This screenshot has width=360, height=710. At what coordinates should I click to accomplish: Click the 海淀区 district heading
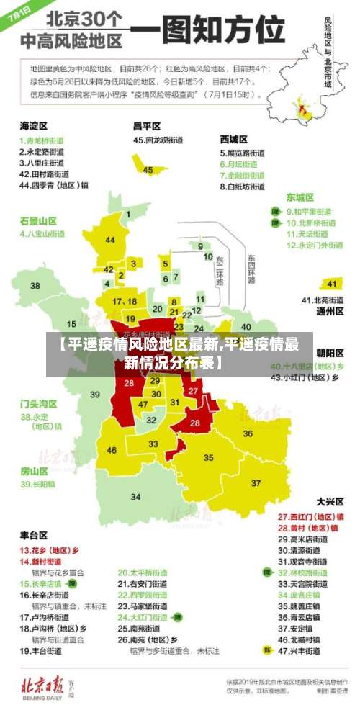(34, 126)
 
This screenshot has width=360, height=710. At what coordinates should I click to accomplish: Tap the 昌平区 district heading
(147, 126)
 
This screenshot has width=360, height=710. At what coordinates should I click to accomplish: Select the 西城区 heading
(234, 139)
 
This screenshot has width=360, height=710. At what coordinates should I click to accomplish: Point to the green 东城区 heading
(300, 197)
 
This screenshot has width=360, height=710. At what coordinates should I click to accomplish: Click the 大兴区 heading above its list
(330, 501)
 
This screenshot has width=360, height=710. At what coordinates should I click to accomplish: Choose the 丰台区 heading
(33, 535)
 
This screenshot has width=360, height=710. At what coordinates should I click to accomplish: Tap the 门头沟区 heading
(38, 403)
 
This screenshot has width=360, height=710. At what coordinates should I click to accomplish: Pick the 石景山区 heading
(38, 220)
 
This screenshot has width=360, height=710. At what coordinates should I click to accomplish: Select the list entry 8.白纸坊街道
(242, 187)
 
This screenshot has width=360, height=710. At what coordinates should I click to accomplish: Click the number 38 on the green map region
(35, 286)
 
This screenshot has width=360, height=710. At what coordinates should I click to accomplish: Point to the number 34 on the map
(135, 496)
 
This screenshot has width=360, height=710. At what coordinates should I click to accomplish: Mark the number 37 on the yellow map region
(256, 482)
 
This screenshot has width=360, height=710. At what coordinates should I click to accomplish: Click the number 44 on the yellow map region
(110, 240)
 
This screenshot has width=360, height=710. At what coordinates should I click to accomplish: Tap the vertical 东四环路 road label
(251, 269)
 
